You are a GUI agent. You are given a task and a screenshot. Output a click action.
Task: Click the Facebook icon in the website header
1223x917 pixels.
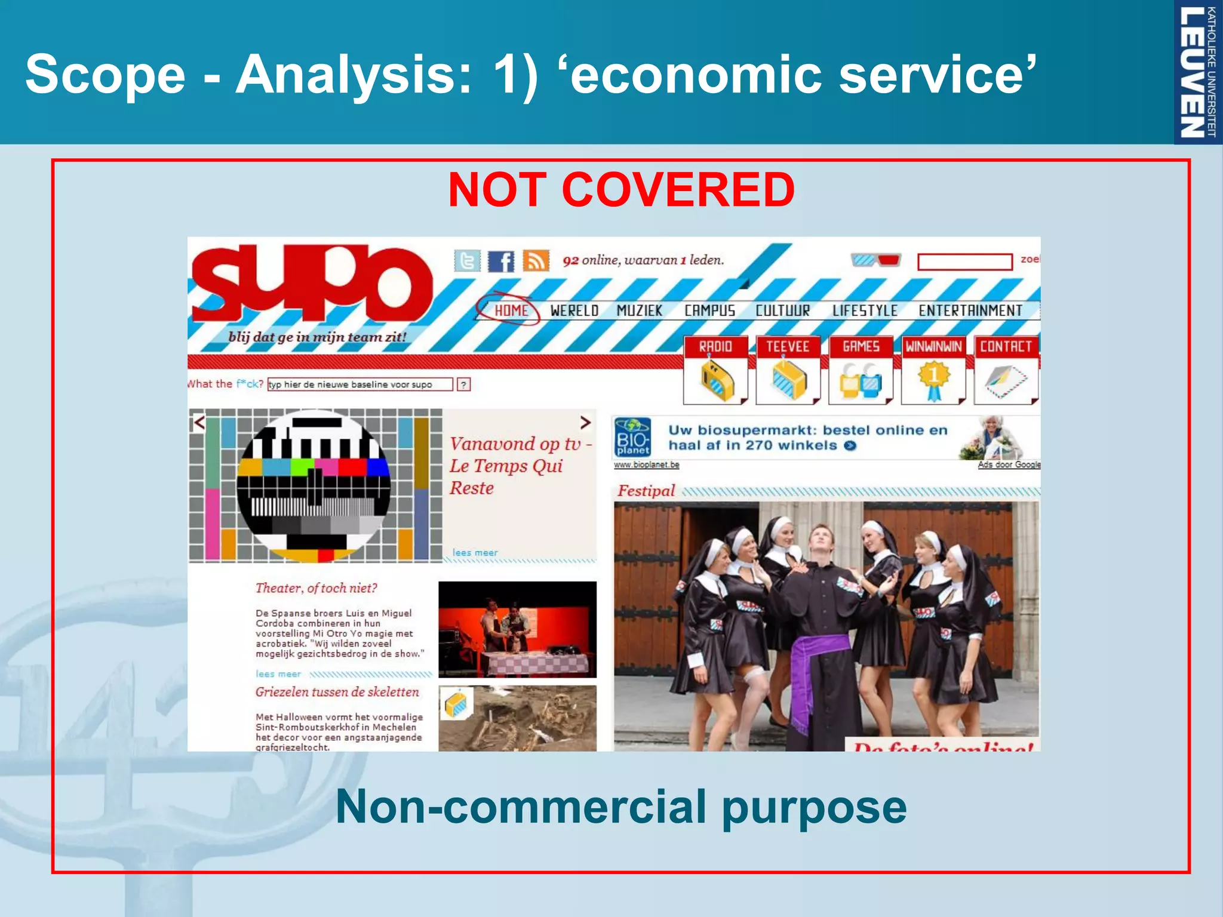[500, 261]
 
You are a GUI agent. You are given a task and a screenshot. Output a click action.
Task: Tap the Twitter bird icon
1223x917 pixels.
[467, 261]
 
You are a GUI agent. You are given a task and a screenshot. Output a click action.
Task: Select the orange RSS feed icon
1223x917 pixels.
[536, 261]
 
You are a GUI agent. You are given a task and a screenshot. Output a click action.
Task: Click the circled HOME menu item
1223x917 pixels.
[511, 310]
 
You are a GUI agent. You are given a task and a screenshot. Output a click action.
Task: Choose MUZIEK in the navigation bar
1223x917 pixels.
[639, 310]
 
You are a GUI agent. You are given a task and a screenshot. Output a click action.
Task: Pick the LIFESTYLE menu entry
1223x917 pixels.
[865, 310]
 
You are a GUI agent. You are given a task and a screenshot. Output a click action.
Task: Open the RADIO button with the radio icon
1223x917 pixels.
[715, 370]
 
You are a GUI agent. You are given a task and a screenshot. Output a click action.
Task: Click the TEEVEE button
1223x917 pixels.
[788, 370]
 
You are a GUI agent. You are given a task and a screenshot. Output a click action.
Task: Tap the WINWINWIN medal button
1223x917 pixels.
[933, 370]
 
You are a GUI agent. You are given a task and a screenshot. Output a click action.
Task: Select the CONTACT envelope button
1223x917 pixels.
[1006, 370]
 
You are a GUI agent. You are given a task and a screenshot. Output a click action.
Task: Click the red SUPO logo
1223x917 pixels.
[311, 284]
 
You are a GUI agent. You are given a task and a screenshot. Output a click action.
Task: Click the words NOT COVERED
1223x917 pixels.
[621, 190]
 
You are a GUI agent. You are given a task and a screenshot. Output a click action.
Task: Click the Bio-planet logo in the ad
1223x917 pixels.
[632, 438]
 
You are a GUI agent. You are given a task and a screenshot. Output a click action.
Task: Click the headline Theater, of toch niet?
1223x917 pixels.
[316, 588]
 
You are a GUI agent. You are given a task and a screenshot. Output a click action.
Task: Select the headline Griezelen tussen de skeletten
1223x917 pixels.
[337, 692]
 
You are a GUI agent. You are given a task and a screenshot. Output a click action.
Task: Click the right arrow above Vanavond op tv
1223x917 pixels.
[585, 422]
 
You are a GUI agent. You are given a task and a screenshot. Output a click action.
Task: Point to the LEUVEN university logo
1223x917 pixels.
[1198, 72]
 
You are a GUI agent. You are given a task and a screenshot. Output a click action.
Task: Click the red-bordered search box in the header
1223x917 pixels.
[964, 261]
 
